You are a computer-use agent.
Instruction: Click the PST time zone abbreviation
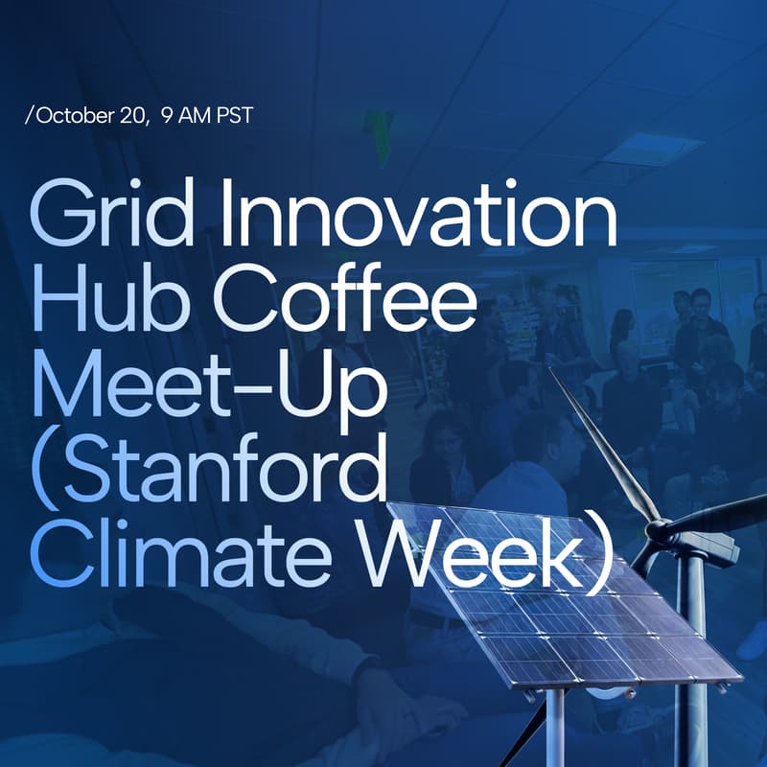click(x=236, y=116)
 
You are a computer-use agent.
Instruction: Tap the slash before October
click(x=30, y=116)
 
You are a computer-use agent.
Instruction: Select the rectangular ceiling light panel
click(x=653, y=149)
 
